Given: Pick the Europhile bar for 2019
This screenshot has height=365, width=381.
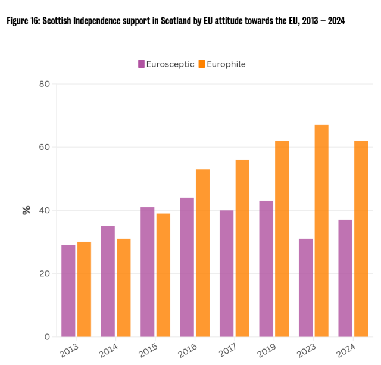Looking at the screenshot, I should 282,238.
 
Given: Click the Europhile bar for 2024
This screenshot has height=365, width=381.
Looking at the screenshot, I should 361,238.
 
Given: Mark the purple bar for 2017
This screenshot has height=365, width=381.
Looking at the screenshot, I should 227,273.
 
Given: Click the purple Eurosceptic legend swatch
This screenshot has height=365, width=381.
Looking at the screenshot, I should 142,64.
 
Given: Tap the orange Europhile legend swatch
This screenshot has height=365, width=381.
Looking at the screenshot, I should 202,64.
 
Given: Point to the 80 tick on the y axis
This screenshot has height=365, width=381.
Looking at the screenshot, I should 44,84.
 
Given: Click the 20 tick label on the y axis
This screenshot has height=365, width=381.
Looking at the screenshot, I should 44,274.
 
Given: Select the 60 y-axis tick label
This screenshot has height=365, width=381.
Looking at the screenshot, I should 44,147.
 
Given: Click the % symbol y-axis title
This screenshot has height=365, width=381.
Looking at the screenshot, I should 26,210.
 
